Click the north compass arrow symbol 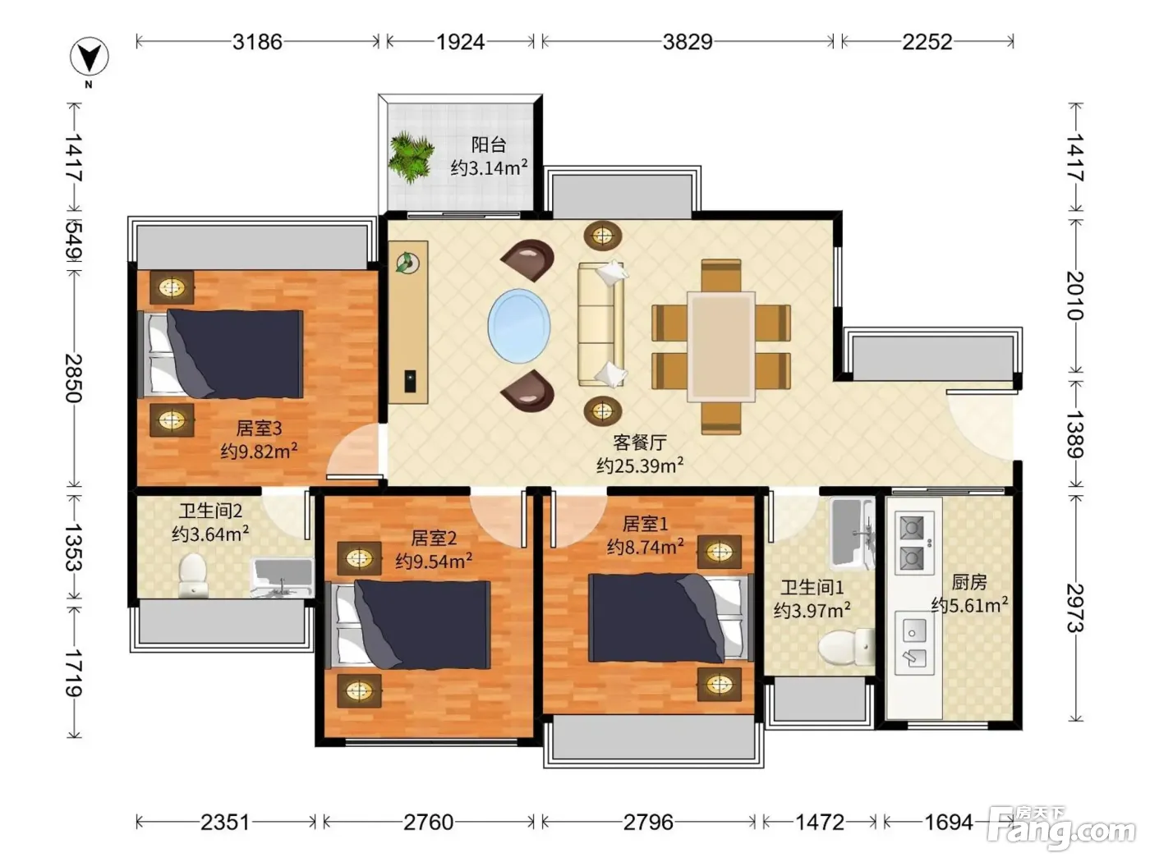90,56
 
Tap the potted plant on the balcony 412,157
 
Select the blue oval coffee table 518,326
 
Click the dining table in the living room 721,346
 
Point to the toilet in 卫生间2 192,575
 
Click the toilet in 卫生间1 845,648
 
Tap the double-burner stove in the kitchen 914,543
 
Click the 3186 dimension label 257,42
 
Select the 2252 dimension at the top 927,42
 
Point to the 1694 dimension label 948,823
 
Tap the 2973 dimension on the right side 1075,608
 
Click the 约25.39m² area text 640,465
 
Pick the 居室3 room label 259,429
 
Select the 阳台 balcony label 488,144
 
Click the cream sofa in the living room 601,325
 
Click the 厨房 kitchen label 968,582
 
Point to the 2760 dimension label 428,823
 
